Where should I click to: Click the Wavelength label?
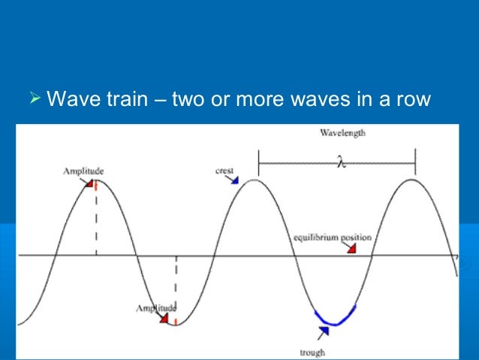click(342, 133)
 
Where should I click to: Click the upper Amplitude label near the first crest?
click(83, 171)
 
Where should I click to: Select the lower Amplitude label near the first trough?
click(156, 307)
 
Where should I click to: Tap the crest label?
click(224, 171)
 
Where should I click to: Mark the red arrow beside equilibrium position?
click(351, 248)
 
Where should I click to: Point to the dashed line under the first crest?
click(96, 222)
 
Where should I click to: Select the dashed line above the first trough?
click(176, 286)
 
